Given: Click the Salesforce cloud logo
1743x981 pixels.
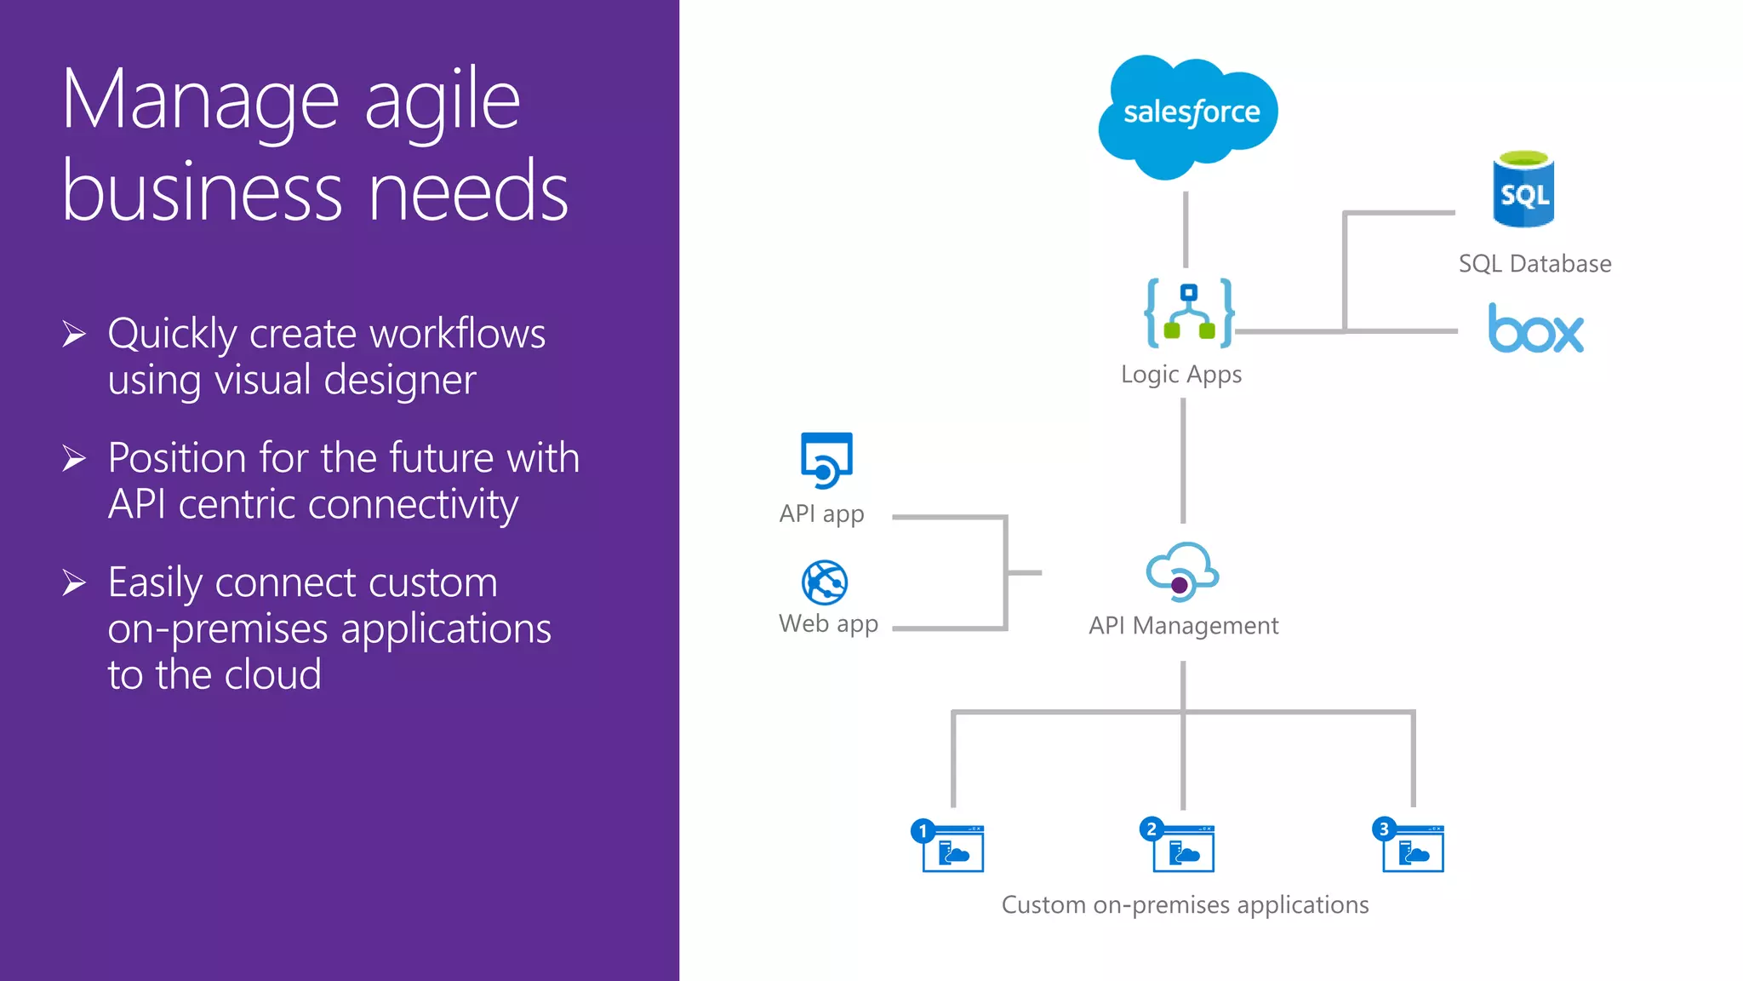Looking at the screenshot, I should pos(1189,116).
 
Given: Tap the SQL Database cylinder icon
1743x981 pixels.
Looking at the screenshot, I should pos(1523,190).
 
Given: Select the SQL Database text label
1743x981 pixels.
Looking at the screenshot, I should pos(1534,264).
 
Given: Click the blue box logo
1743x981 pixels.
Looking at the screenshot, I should pos(1535,329).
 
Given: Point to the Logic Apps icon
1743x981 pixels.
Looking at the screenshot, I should pos(1189,313).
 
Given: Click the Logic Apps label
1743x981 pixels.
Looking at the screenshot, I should pos(1181,375).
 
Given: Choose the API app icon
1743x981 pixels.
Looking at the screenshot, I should pos(826,461).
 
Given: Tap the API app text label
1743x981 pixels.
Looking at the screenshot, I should pos(821,514).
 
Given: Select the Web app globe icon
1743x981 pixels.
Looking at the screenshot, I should pos(825,582).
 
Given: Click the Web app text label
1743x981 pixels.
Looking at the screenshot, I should pos(828,624).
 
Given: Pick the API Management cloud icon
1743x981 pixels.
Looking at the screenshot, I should pos(1182,571).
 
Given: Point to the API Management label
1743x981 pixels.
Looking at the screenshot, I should pos(1183,626).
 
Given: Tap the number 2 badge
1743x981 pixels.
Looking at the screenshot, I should pos(1152,829).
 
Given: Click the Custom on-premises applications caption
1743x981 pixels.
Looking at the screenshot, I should pos(1185,904).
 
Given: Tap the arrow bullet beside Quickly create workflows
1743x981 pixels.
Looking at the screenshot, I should pos(74,335).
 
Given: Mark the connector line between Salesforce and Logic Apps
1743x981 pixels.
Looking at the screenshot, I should pos(1186,229).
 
